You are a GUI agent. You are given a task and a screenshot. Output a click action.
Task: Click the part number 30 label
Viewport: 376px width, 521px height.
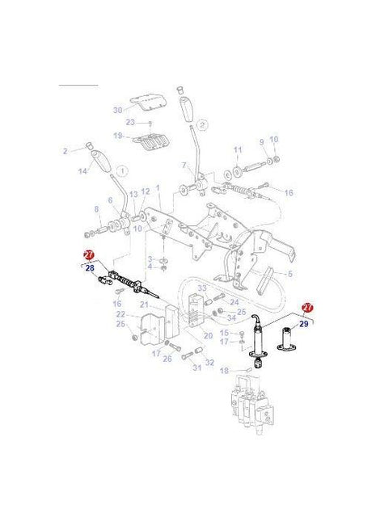(x=117, y=110)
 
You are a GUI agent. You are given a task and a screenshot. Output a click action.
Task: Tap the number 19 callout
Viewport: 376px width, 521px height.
(x=118, y=136)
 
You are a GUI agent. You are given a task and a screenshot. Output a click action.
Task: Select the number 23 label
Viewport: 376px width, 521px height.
(x=129, y=122)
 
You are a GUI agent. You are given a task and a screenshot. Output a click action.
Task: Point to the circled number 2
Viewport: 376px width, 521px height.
(x=201, y=125)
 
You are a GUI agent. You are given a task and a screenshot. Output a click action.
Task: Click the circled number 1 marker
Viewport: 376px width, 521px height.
(x=121, y=171)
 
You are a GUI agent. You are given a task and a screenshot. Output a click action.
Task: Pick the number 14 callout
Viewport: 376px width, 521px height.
(x=82, y=171)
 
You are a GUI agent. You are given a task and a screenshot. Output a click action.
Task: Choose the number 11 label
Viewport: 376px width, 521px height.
(x=238, y=150)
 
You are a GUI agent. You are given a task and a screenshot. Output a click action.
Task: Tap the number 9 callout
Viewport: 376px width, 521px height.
(x=261, y=142)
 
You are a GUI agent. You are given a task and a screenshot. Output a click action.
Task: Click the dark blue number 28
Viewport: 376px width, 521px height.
(x=90, y=267)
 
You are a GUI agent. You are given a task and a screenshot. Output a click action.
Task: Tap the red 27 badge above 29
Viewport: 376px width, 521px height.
(x=307, y=308)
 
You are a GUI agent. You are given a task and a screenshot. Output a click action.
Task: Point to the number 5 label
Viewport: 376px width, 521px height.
(x=288, y=274)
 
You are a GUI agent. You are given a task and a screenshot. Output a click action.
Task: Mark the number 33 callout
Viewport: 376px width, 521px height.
(x=202, y=288)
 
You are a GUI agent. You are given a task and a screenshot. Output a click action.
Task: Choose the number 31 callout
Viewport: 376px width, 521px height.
(x=196, y=368)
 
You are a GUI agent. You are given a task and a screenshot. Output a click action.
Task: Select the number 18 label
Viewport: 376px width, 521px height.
(x=226, y=370)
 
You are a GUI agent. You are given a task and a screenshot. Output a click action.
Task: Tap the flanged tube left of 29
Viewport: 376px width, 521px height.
(x=287, y=339)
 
